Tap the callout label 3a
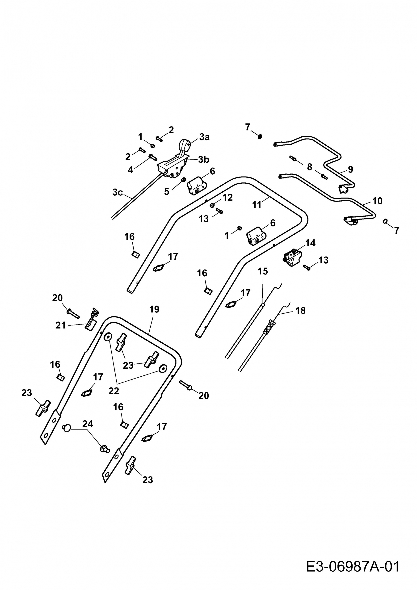204,137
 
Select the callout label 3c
118,192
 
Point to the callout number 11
257,205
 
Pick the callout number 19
154,309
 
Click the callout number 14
310,243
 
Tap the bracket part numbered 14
292,257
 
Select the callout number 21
61,325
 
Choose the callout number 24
88,424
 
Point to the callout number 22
114,391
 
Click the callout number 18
301,311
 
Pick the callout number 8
310,167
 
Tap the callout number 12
228,197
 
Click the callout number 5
167,191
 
